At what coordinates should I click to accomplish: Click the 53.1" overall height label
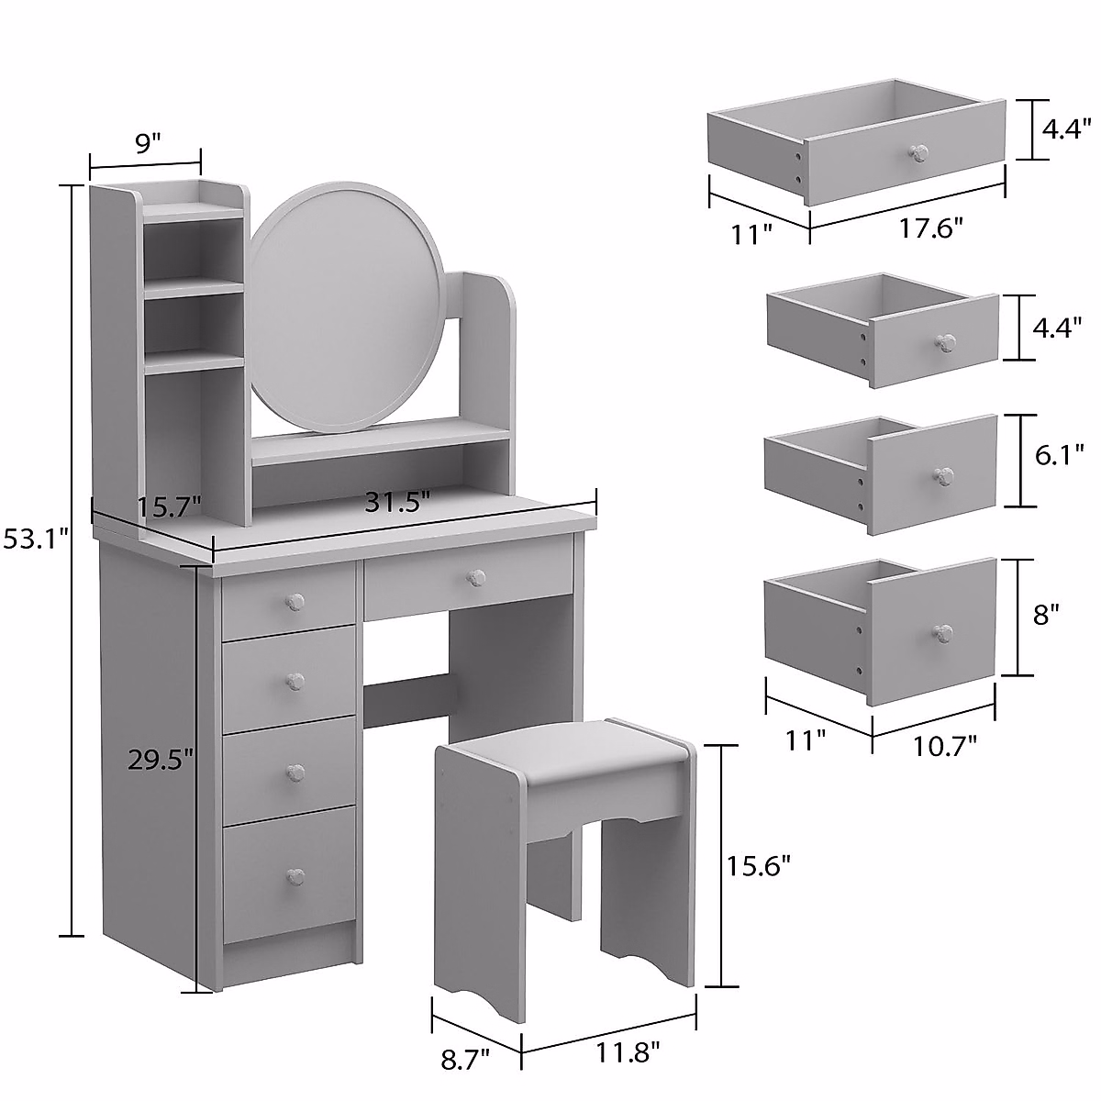pyautogui.click(x=35, y=539)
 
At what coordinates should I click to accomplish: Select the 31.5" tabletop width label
pyautogui.click(x=397, y=503)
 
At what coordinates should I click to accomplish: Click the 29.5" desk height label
pyautogui.click(x=161, y=759)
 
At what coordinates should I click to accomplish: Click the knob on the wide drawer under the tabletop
pyautogui.click(x=475, y=577)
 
